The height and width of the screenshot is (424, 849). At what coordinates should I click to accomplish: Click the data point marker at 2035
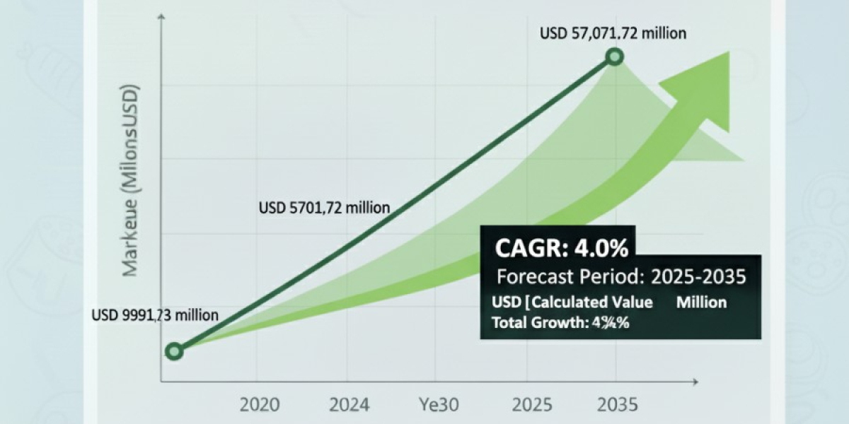click(615, 57)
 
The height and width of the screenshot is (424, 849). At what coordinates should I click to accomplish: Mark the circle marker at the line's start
click(174, 351)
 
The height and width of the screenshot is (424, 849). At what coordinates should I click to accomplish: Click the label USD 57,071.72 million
click(613, 33)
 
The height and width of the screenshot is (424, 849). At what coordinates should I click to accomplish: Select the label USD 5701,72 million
click(324, 208)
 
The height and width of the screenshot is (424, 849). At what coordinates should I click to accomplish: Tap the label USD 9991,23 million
click(155, 315)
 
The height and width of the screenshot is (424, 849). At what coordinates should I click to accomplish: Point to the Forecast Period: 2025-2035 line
click(621, 276)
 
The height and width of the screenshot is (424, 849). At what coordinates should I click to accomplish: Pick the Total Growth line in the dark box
click(560, 324)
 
